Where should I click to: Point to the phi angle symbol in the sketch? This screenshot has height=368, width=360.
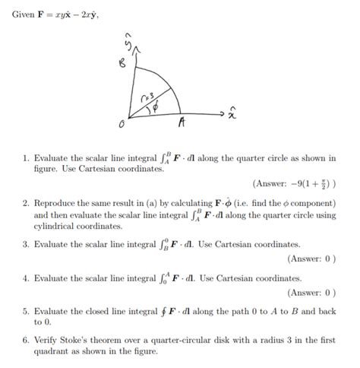click(156, 106)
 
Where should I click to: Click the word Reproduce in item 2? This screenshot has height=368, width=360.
click(58, 205)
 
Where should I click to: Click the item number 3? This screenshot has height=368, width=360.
click(25, 245)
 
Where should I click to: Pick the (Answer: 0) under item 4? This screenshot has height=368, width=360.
click(311, 293)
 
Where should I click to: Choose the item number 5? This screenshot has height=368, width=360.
click(25, 311)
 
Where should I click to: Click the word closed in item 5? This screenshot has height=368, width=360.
click(99, 311)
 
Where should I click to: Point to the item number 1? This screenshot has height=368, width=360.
click(25, 158)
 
